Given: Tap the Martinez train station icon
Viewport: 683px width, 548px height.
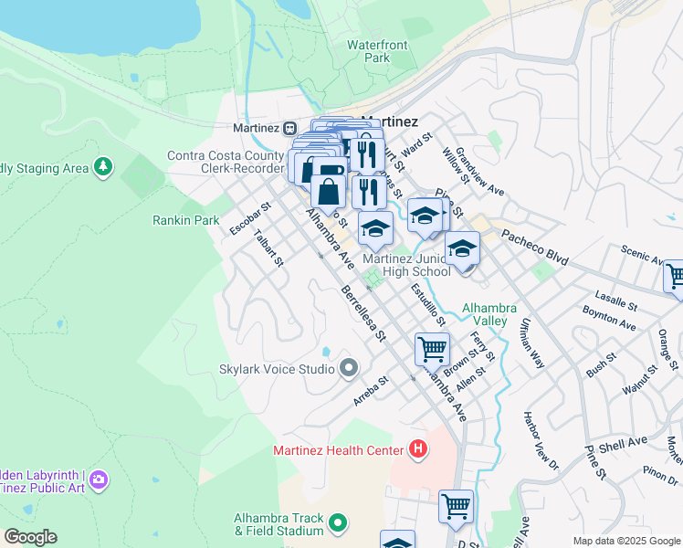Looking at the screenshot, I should (289, 127).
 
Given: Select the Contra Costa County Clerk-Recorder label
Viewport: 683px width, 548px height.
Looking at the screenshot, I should (225, 162).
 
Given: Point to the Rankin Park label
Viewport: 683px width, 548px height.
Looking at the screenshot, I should (185, 220).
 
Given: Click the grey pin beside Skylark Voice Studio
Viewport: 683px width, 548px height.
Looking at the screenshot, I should (348, 369).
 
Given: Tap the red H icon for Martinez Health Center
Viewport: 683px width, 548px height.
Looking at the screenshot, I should (417, 449).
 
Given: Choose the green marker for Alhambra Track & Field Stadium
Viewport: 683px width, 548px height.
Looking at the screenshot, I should (339, 523).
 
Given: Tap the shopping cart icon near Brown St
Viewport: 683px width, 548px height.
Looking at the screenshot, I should (431, 348).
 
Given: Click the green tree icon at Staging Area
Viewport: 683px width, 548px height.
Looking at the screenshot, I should (104, 166).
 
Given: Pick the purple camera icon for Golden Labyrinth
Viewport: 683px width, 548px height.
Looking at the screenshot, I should (99, 479).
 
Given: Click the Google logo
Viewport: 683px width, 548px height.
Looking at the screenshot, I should (30, 537).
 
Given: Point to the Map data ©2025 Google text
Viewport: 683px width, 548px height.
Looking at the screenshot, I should (625, 541).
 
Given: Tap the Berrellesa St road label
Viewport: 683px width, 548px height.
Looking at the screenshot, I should (363, 312).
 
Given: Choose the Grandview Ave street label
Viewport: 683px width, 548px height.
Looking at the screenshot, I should (480, 172).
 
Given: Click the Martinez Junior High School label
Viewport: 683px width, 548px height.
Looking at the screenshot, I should (407, 265).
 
